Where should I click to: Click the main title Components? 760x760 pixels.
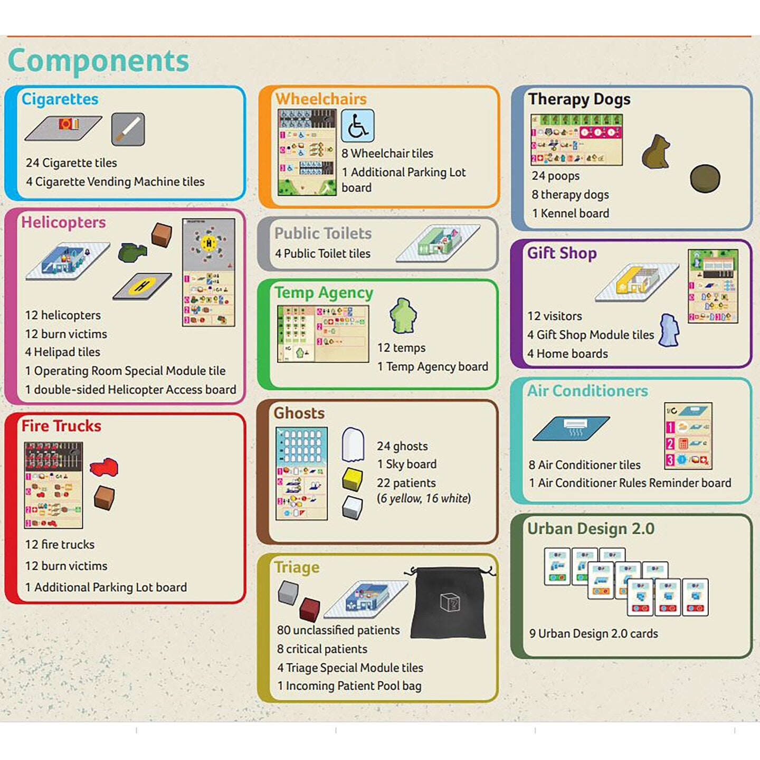pyautogui.click(x=98, y=61)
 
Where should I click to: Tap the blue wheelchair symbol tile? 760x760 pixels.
pyautogui.click(x=357, y=126)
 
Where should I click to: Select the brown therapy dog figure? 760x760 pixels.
pyautogui.click(x=655, y=152)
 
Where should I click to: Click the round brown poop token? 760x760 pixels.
pyautogui.click(x=705, y=178)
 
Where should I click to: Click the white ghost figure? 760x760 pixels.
pyautogui.click(x=353, y=444)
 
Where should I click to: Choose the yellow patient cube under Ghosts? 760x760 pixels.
pyautogui.click(x=352, y=478)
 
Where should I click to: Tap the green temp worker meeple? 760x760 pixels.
pyautogui.click(x=403, y=316)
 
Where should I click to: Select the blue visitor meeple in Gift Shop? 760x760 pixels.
pyautogui.click(x=669, y=330)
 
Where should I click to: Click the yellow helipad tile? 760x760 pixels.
pyautogui.click(x=142, y=286)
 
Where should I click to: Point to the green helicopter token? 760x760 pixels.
pyautogui.click(x=132, y=252)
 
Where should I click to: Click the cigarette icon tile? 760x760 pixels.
pyautogui.click(x=128, y=129)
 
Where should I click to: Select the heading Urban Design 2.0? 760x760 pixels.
pyautogui.click(x=591, y=528)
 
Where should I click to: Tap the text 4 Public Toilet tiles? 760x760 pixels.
pyautogui.click(x=322, y=253)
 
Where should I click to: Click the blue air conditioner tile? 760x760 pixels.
pyautogui.click(x=571, y=428)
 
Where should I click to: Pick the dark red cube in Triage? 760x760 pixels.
pyautogui.click(x=309, y=609)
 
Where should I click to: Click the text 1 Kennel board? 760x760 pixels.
pyautogui.click(x=570, y=213)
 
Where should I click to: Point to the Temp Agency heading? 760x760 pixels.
pyautogui.click(x=324, y=292)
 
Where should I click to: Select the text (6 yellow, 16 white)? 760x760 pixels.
pyautogui.click(x=423, y=498)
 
